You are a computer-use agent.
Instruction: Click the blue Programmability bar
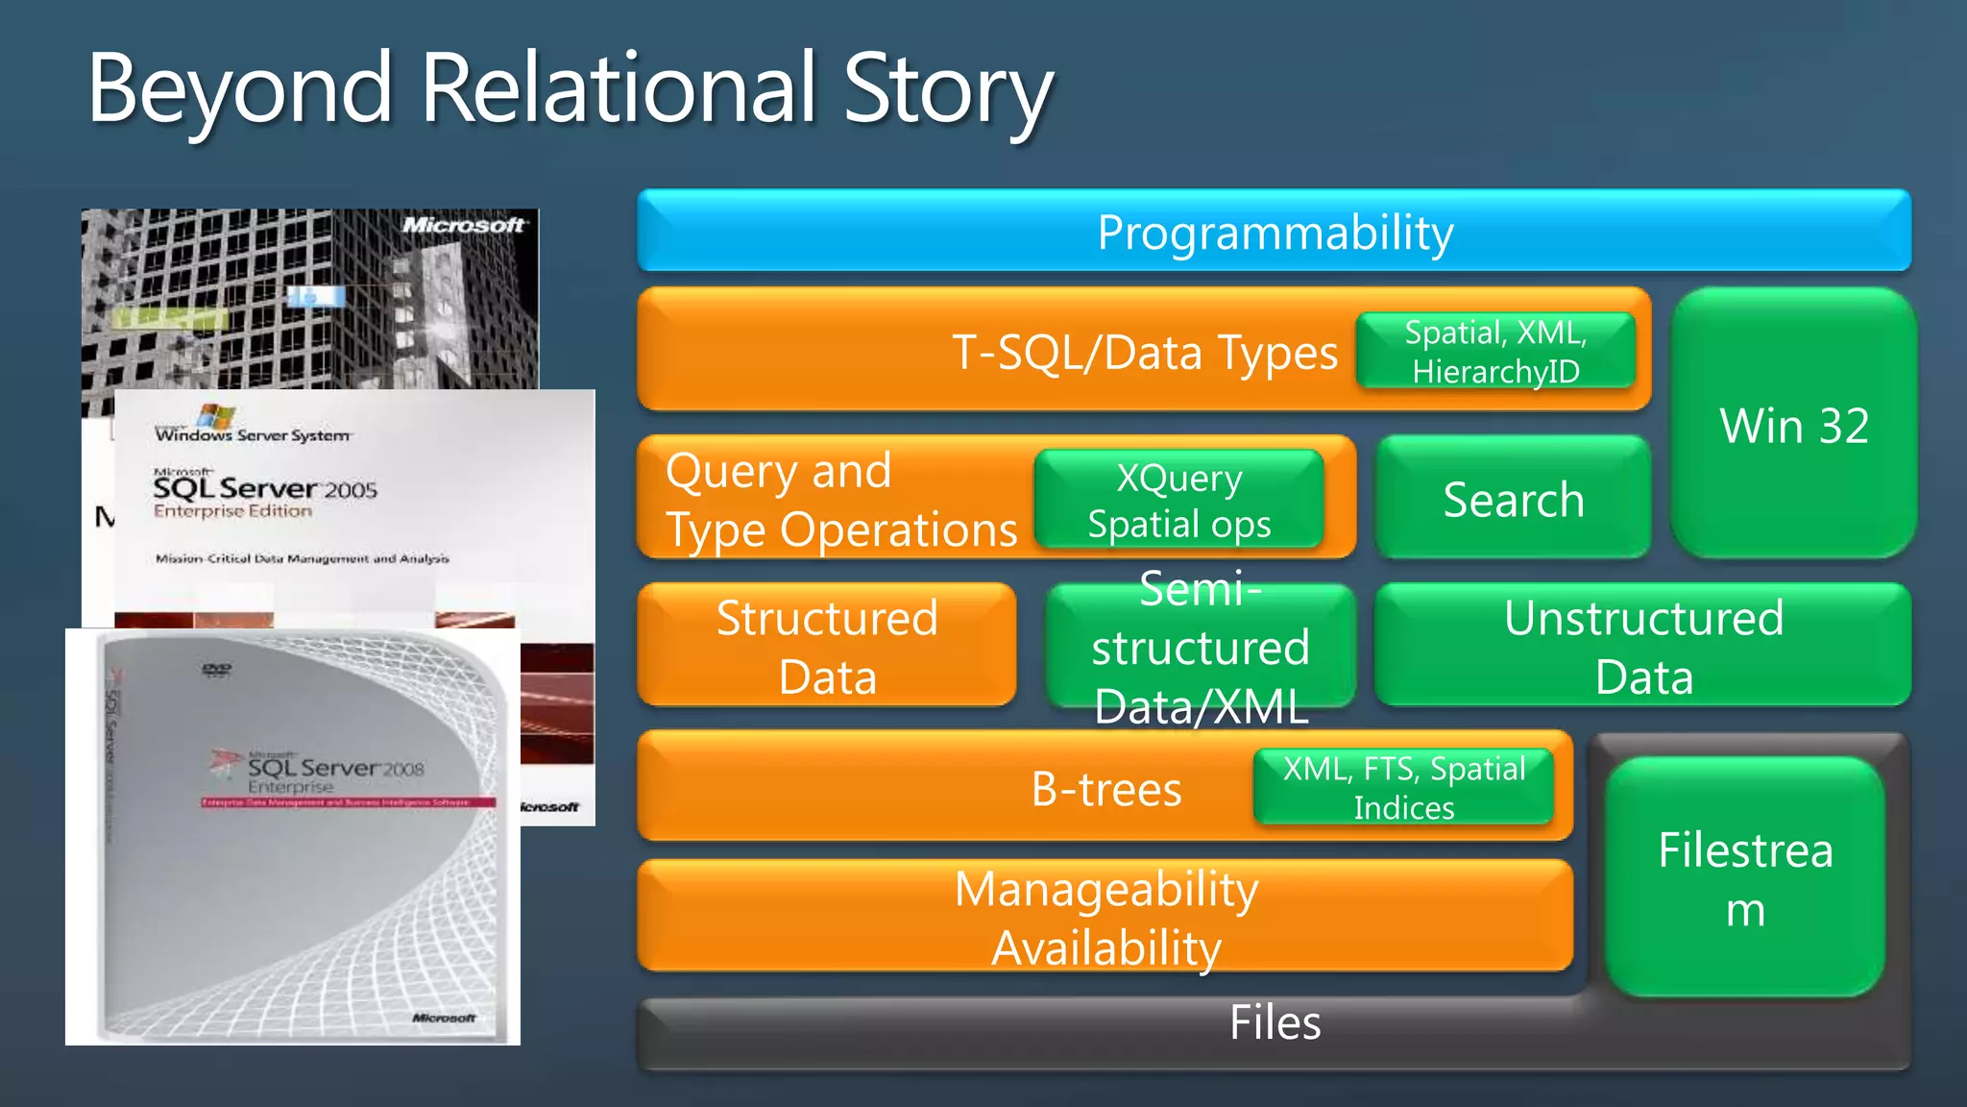click(x=1275, y=232)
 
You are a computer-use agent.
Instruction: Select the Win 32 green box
click(x=1793, y=425)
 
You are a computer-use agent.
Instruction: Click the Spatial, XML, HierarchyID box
click(x=1495, y=351)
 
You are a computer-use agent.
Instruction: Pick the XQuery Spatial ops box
click(x=1179, y=500)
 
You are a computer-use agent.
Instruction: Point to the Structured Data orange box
click(x=826, y=646)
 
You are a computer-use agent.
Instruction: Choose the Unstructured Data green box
click(x=1642, y=646)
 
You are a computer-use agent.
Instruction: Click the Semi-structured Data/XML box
click(x=1201, y=647)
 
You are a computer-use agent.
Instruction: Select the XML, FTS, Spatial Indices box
click(x=1403, y=788)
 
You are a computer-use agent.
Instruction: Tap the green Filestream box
click(x=1745, y=877)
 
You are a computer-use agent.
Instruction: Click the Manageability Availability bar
click(x=1105, y=917)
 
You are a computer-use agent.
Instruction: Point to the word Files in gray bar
click(x=1275, y=1022)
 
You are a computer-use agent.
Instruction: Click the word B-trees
click(x=1105, y=790)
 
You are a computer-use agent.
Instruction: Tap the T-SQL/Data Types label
click(x=1143, y=353)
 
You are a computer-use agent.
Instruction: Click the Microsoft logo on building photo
click(x=463, y=225)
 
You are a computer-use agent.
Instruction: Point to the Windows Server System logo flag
click(x=216, y=416)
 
